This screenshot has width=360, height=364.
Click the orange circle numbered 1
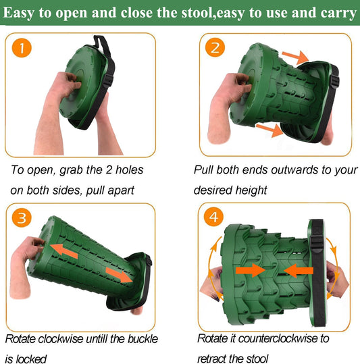[22, 48]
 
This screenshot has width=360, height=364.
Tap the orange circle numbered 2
[215, 47]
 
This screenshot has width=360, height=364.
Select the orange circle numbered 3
[22, 217]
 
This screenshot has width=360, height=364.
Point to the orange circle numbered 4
[213, 217]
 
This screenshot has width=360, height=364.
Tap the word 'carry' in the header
[338, 14]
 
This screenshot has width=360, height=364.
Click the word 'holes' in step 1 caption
[129, 170]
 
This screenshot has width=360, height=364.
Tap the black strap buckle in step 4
[316, 243]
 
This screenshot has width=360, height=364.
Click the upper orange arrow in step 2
[295, 57]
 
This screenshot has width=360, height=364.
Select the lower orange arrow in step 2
[269, 130]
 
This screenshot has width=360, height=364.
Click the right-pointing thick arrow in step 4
[251, 270]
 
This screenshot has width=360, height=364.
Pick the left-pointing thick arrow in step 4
[299, 271]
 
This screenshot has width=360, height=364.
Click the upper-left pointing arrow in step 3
[63, 252]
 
